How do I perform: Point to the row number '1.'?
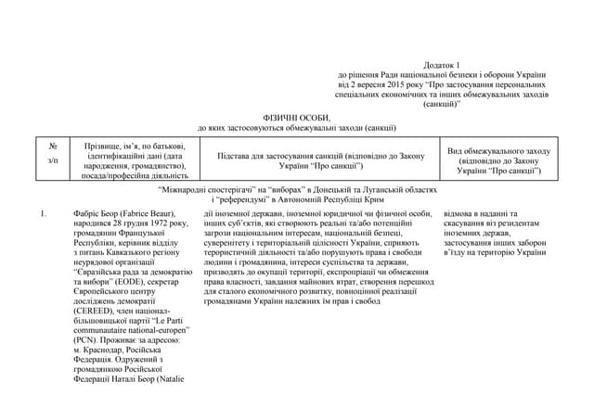pos(44,214)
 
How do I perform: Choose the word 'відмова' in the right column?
pos(474,214)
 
